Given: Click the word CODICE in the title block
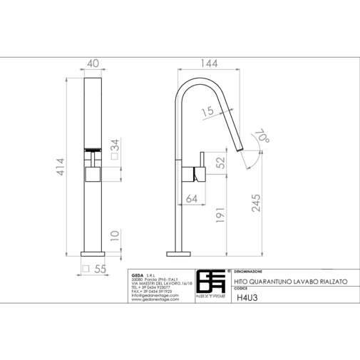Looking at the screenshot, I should (x=243, y=290).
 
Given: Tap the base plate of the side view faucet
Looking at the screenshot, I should (x=180, y=251).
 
